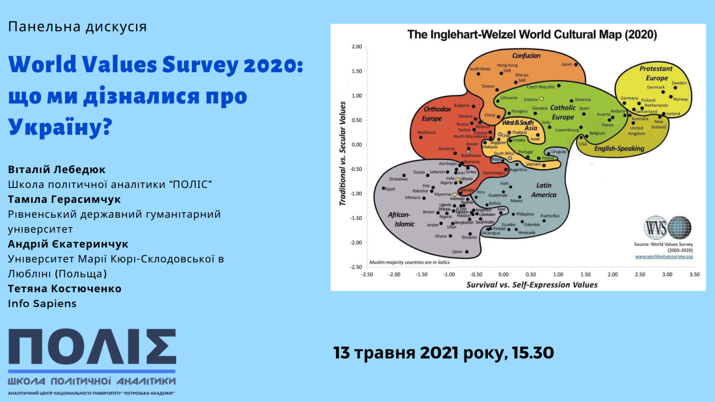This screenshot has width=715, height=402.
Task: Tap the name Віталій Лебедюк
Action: click(x=57, y=169)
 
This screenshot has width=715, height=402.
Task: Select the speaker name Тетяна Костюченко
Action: click(x=65, y=288)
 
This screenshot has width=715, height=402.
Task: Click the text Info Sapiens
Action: click(x=42, y=303)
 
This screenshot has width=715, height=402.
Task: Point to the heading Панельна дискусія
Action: click(x=77, y=27)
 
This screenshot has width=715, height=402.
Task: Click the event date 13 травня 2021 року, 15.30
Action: click(x=444, y=353)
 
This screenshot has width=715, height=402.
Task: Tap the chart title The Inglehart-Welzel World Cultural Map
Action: click(x=532, y=34)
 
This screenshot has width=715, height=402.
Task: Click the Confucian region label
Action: click(x=526, y=56)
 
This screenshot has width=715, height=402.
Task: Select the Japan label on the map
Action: click(x=567, y=64)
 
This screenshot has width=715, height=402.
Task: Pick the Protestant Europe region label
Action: click(x=656, y=73)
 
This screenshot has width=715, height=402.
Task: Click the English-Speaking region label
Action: click(x=619, y=149)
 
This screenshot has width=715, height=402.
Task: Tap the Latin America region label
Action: click(x=544, y=190)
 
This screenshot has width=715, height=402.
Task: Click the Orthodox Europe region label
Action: click(x=437, y=114)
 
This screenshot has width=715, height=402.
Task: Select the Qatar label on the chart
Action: click(x=458, y=252)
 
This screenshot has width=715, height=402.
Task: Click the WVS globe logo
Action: click(x=668, y=228)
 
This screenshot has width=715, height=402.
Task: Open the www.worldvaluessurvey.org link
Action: click(x=664, y=256)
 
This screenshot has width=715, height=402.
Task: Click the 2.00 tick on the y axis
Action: click(x=357, y=47)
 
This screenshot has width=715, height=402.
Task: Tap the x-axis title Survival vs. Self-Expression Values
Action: click(x=532, y=285)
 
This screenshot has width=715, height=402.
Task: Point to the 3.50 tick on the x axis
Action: click(x=694, y=275)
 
